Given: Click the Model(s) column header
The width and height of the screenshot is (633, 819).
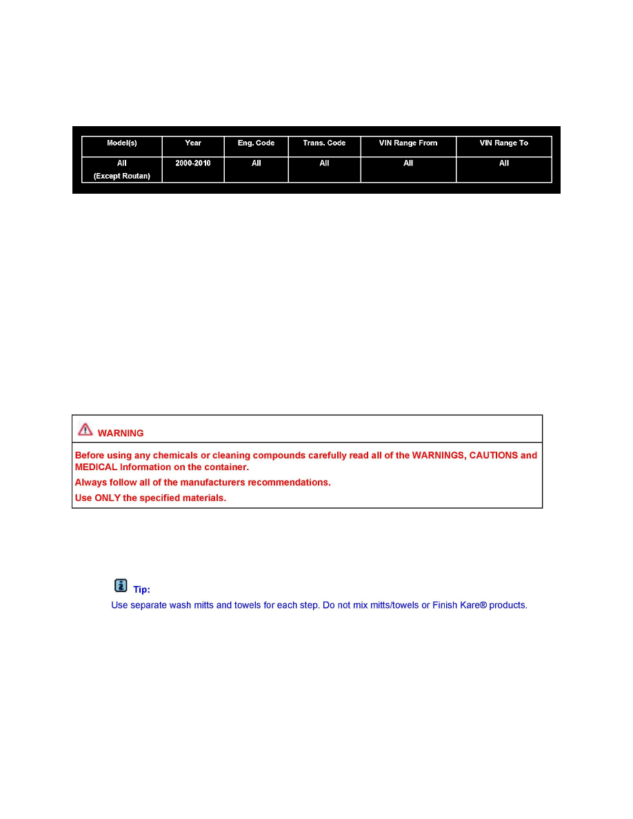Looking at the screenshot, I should [122, 143].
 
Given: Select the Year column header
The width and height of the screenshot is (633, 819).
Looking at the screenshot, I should [193, 143].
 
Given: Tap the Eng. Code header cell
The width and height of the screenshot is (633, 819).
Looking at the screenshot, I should [256, 143].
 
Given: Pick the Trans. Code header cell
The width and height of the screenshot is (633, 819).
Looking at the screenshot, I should [324, 143].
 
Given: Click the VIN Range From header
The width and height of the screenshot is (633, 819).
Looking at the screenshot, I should [408, 143].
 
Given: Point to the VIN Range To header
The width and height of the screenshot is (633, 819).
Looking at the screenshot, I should [504, 143].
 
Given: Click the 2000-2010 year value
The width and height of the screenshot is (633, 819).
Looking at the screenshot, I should [193, 163].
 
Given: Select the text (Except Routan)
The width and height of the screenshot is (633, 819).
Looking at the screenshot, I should [122, 176].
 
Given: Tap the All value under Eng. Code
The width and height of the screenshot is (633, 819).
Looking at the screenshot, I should [256, 163].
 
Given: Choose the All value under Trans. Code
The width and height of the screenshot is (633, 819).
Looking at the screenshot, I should [324, 163].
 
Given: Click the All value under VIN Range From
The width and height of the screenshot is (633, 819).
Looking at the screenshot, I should [408, 163].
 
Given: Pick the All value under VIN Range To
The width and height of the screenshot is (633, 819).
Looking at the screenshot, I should [504, 163].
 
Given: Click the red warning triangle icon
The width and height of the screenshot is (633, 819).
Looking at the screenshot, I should [85, 429].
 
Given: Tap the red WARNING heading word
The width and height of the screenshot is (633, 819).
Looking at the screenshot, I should [121, 434].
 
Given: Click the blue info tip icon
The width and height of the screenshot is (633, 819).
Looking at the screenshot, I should [121, 585].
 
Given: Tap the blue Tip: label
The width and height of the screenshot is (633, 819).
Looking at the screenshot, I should [141, 590].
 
